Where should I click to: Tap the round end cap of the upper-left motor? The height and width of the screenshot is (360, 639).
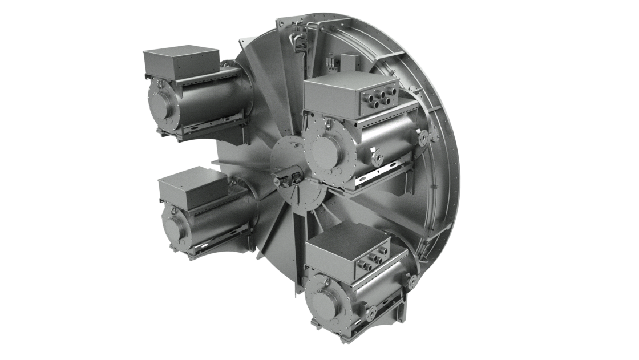162,105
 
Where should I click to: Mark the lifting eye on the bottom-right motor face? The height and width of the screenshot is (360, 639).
319,280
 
